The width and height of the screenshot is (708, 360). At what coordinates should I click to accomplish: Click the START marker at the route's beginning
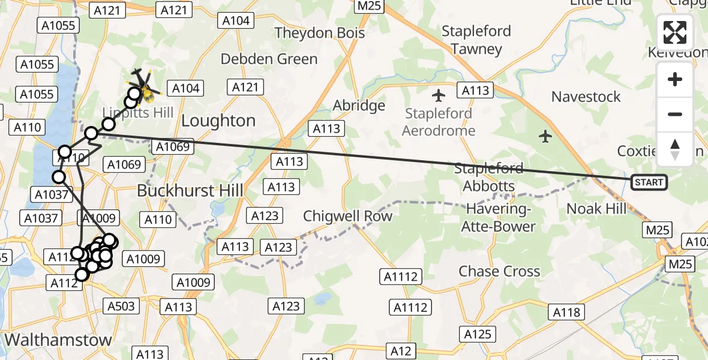point(649,182)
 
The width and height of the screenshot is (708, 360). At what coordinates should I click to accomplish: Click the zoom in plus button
point(675,80)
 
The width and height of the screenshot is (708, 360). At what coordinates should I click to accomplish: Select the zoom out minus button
point(675,114)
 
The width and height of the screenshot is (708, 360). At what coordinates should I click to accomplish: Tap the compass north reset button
point(675,149)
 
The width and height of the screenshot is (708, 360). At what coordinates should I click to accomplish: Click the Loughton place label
point(218,121)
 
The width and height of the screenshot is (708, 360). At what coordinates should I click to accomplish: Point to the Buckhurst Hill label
point(190,191)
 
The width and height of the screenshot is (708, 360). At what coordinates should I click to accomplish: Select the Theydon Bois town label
point(320,32)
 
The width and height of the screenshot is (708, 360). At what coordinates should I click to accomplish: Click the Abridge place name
point(359,106)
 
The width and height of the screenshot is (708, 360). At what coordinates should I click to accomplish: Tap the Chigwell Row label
point(348,216)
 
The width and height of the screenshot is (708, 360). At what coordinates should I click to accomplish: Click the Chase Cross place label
point(499,271)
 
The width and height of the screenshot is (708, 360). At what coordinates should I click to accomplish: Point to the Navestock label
point(586,97)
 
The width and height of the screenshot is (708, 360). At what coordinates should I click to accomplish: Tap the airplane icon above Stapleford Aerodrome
point(439,95)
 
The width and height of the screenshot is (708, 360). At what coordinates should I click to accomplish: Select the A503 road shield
point(121,306)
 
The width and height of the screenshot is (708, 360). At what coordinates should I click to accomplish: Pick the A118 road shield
point(566,311)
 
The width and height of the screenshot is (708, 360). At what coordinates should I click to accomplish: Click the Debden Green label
point(269,59)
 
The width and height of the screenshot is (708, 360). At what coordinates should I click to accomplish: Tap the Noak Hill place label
point(596,209)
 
